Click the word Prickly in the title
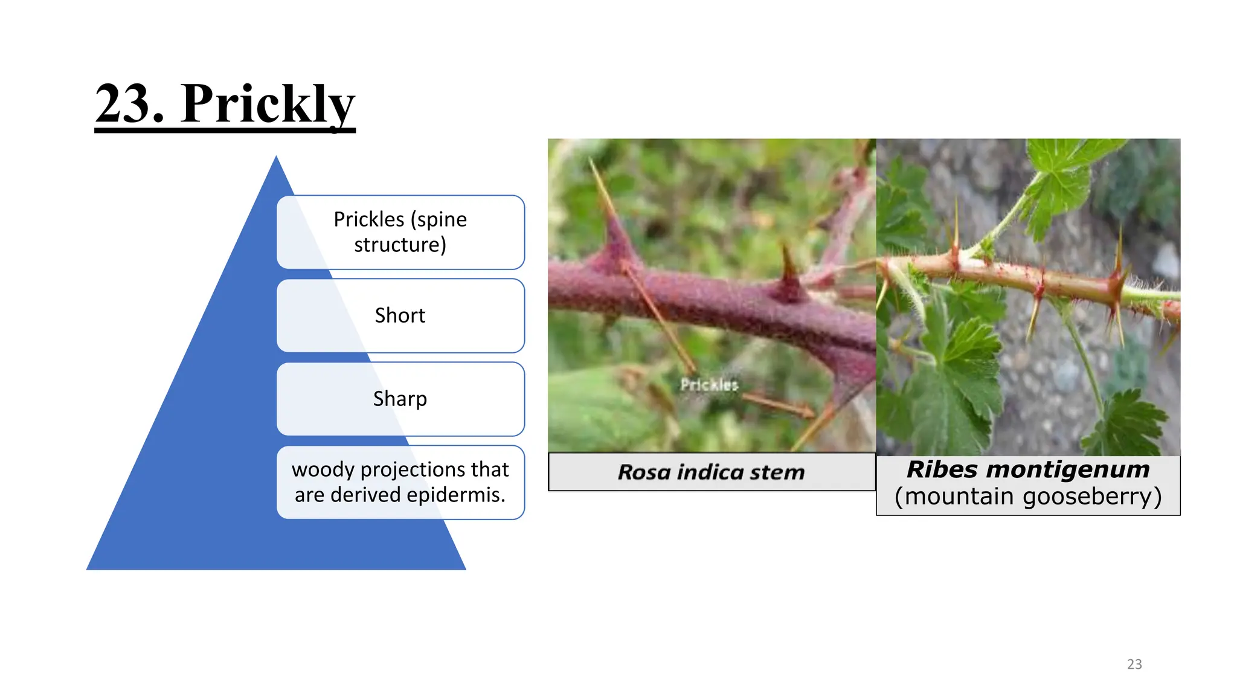[268, 104]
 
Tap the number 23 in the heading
[130, 104]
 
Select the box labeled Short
[400, 315]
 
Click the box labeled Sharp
[400, 399]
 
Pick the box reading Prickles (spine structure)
[400, 232]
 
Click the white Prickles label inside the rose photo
[709, 385]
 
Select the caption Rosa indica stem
[711, 472]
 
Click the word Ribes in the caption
[942, 469]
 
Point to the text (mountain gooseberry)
[1028, 497]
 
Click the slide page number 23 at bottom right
[1134, 664]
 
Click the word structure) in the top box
[400, 245]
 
